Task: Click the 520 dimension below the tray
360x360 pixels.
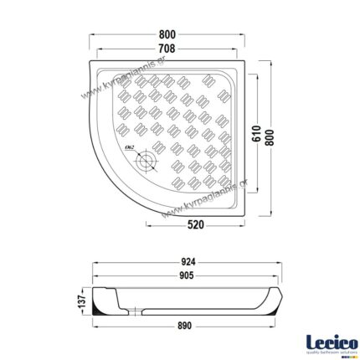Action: point(196,225)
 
